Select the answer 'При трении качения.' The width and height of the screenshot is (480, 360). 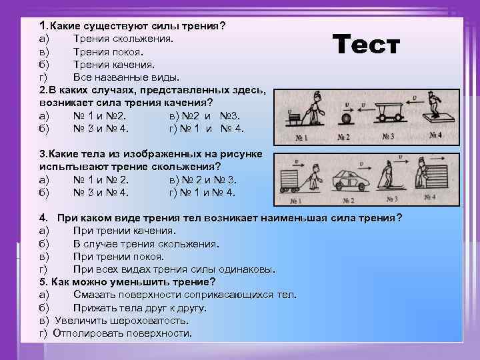click(125, 231)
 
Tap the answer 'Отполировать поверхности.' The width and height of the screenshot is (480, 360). click(121, 333)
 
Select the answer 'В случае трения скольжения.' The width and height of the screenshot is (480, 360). click(146, 244)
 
